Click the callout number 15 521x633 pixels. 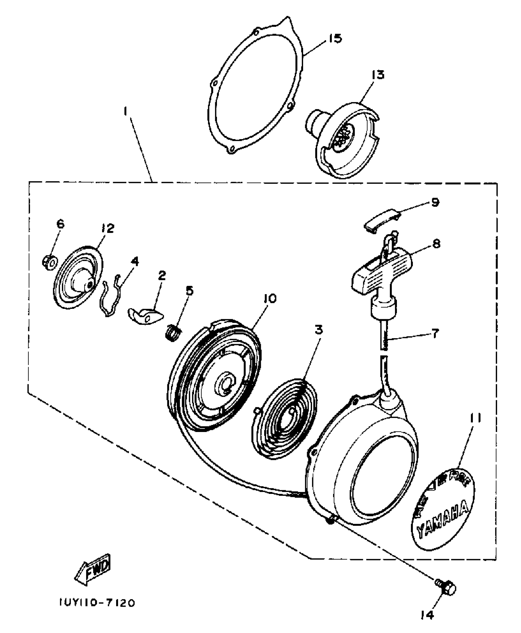click(x=335, y=39)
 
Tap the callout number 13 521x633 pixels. click(x=379, y=74)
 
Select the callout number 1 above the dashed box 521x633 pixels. click(x=125, y=112)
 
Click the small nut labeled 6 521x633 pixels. click(x=49, y=262)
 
